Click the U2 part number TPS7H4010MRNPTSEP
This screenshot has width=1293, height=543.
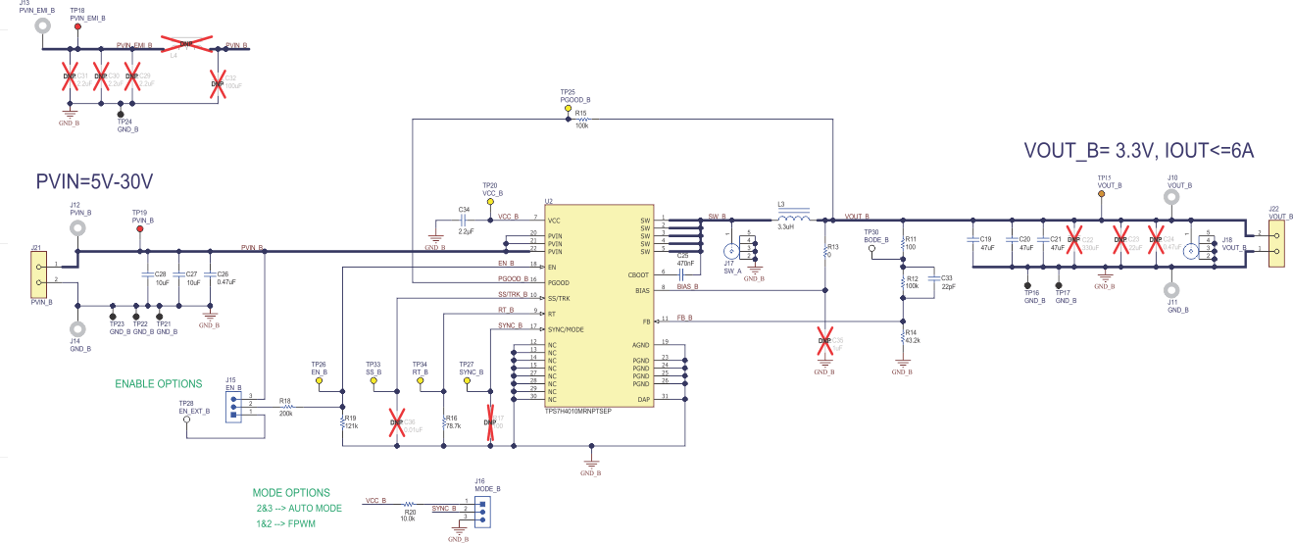pos(577,411)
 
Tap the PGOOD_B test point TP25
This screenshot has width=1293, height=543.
pos(568,111)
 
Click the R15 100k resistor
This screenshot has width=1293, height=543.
pos(581,120)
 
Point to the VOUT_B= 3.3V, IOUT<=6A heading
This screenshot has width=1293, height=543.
pos(1139,151)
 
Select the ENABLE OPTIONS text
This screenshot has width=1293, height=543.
pos(159,383)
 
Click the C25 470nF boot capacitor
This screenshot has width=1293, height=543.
pos(683,272)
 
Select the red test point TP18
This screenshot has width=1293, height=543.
pos(77,25)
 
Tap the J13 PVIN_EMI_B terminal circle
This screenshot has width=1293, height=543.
pos(43,22)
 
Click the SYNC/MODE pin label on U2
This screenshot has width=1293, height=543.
pos(567,329)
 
